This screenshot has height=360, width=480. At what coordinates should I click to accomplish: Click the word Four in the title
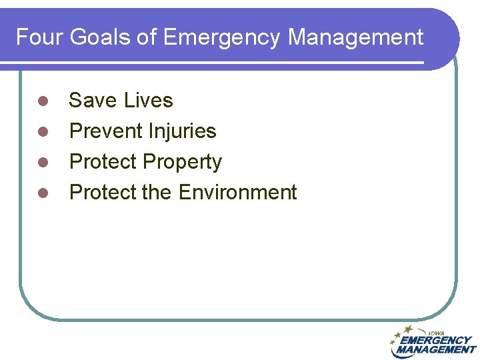coord(37,37)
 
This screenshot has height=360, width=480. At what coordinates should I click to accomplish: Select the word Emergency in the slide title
coord(221,37)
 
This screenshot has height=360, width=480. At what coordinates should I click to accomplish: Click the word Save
coord(92,101)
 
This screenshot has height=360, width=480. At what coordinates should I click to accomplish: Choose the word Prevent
coord(107,131)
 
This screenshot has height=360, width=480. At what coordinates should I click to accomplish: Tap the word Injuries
coord(183,131)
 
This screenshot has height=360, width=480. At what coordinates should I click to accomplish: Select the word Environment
coord(237,193)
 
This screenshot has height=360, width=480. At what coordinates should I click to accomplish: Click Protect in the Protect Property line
coord(103,162)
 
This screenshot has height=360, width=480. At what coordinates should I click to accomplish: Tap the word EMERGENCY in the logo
coord(435,340)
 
